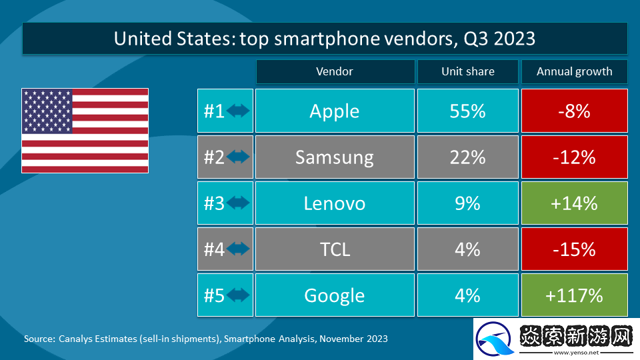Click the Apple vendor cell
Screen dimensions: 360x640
pos(335,111)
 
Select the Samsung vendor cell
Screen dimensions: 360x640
pos(335,157)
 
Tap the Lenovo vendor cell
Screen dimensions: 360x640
pos(335,203)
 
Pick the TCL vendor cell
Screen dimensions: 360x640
pos(335,249)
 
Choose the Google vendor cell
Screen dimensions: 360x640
pos(335,295)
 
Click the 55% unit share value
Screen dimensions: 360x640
pos(467,111)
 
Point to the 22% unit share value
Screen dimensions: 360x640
pos(467,157)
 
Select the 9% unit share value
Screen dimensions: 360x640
pos(467,203)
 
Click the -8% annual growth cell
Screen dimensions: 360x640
pos(574,111)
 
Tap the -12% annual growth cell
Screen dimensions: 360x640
pos(574,157)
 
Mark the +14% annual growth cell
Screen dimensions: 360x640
pos(574,203)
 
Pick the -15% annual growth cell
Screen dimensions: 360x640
pos(574,249)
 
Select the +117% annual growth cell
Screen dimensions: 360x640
pos(574,295)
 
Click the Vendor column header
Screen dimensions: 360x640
pos(335,72)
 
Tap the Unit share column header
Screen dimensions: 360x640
pos(467,72)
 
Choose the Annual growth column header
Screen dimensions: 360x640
pos(574,72)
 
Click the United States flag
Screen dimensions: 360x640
pos(85,131)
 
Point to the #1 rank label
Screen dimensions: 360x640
pos(214,111)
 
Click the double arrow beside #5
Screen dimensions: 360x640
pos(238,295)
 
